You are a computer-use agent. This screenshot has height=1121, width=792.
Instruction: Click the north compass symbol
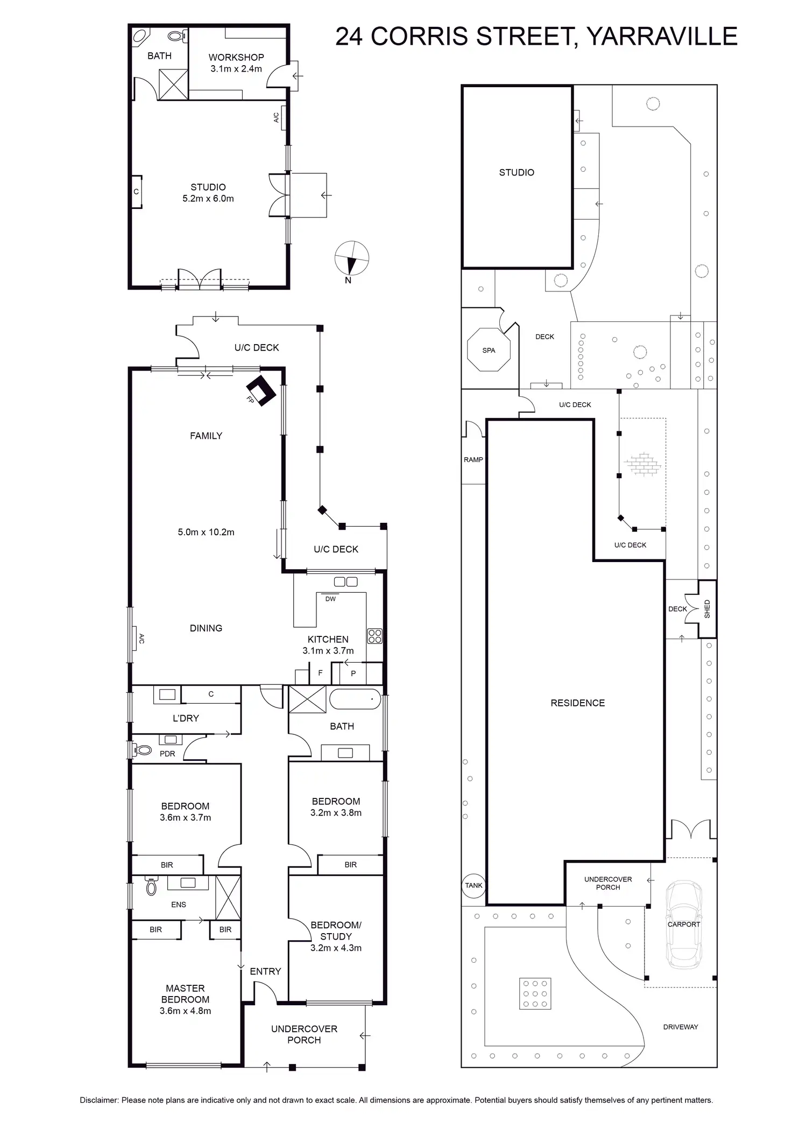(352, 259)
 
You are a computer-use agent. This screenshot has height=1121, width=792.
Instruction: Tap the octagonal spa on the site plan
(489, 350)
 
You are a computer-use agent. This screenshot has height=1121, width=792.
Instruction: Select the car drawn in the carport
(683, 924)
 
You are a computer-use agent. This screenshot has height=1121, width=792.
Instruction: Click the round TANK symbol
(473, 885)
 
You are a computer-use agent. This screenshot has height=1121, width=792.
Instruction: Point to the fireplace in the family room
(261, 390)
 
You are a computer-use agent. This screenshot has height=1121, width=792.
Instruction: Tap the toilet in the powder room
(143, 749)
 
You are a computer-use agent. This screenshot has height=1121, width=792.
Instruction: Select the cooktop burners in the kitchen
(374, 636)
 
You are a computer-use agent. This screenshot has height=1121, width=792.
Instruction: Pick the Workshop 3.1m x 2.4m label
(236, 63)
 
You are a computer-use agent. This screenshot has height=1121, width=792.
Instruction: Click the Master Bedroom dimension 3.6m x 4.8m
(185, 1011)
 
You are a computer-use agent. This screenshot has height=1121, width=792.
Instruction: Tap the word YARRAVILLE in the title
(661, 37)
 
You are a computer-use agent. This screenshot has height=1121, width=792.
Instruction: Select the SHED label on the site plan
(707, 608)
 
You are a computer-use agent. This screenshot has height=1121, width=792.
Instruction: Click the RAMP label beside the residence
(473, 459)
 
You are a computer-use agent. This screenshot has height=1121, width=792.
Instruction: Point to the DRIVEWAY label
(681, 1027)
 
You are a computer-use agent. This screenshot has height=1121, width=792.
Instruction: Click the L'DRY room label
(186, 718)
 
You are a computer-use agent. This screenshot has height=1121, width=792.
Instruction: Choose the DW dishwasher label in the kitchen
(330, 599)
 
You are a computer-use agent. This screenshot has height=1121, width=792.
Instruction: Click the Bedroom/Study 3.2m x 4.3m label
(336, 936)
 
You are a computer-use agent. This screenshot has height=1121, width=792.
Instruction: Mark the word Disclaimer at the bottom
(98, 1100)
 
